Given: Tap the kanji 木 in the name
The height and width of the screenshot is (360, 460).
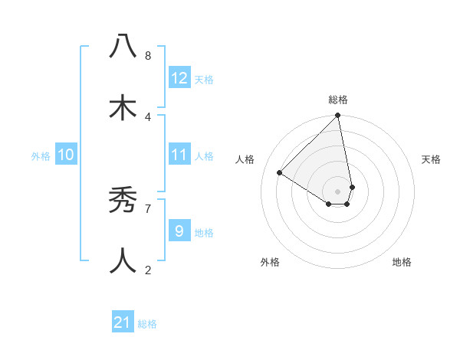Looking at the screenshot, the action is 123,108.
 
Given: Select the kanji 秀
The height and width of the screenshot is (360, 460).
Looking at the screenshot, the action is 123,200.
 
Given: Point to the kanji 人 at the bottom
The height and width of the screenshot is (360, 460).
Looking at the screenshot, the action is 123,261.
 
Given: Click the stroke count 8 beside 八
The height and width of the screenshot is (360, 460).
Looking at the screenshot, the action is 148,56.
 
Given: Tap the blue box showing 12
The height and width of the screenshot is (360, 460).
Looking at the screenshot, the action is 179,78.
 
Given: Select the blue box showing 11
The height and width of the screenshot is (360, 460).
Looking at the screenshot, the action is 179,155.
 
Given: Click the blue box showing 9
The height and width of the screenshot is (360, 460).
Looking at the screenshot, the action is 179,231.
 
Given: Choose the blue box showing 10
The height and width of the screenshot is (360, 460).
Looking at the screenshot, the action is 66,155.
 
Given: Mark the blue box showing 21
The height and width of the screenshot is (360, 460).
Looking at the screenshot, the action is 123,322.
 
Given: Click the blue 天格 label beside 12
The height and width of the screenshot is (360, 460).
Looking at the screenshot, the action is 204,80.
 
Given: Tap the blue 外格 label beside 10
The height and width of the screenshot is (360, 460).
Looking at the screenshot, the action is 41,156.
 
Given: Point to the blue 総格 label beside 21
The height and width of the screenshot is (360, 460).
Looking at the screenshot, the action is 147,324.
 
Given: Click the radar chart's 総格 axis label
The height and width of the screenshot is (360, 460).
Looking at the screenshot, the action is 338,100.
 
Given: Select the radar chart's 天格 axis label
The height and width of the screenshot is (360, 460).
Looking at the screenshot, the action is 431,159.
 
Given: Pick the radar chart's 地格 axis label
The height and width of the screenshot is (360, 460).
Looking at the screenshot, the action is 402,262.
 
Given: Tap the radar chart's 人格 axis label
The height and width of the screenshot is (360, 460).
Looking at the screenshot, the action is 245,159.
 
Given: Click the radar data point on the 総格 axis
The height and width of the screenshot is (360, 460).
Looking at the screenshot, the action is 338,116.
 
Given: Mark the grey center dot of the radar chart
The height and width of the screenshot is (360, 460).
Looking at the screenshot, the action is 338,191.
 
